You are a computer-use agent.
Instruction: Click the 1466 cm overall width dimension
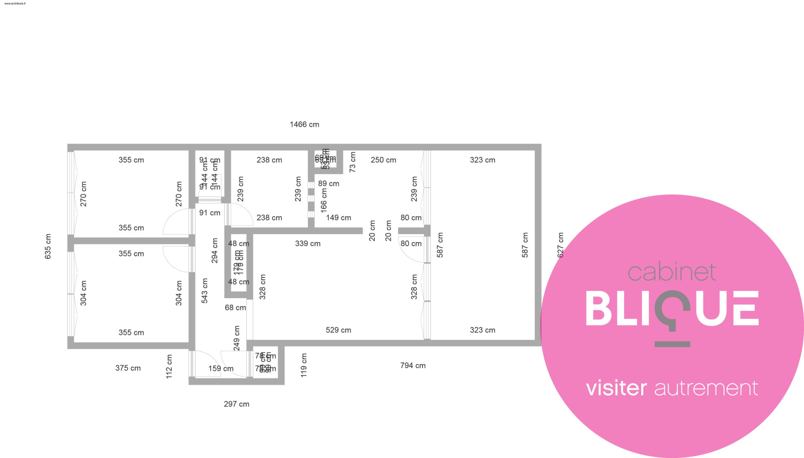(x=304, y=125)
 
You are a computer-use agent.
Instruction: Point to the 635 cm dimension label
(x=48, y=247)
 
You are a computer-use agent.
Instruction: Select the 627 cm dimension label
(x=561, y=245)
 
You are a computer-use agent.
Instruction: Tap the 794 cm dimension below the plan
(x=413, y=366)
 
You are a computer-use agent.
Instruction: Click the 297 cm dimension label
(x=236, y=404)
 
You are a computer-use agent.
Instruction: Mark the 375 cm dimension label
(x=128, y=368)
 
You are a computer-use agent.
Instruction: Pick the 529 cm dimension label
(x=338, y=330)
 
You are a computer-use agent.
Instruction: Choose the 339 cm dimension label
(x=308, y=244)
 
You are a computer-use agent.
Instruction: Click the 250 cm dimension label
(x=383, y=160)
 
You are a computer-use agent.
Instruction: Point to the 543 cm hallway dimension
(x=205, y=290)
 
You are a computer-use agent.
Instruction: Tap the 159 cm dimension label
(x=221, y=369)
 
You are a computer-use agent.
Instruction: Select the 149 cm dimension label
(x=338, y=218)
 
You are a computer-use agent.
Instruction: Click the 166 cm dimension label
(x=324, y=200)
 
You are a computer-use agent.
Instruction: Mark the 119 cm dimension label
(x=304, y=365)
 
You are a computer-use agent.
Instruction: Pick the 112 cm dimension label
(x=169, y=366)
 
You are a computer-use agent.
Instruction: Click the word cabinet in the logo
(x=671, y=273)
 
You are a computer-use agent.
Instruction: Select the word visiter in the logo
(x=616, y=388)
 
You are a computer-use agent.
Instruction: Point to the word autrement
(x=706, y=388)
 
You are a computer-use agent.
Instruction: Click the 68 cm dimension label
(x=235, y=307)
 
